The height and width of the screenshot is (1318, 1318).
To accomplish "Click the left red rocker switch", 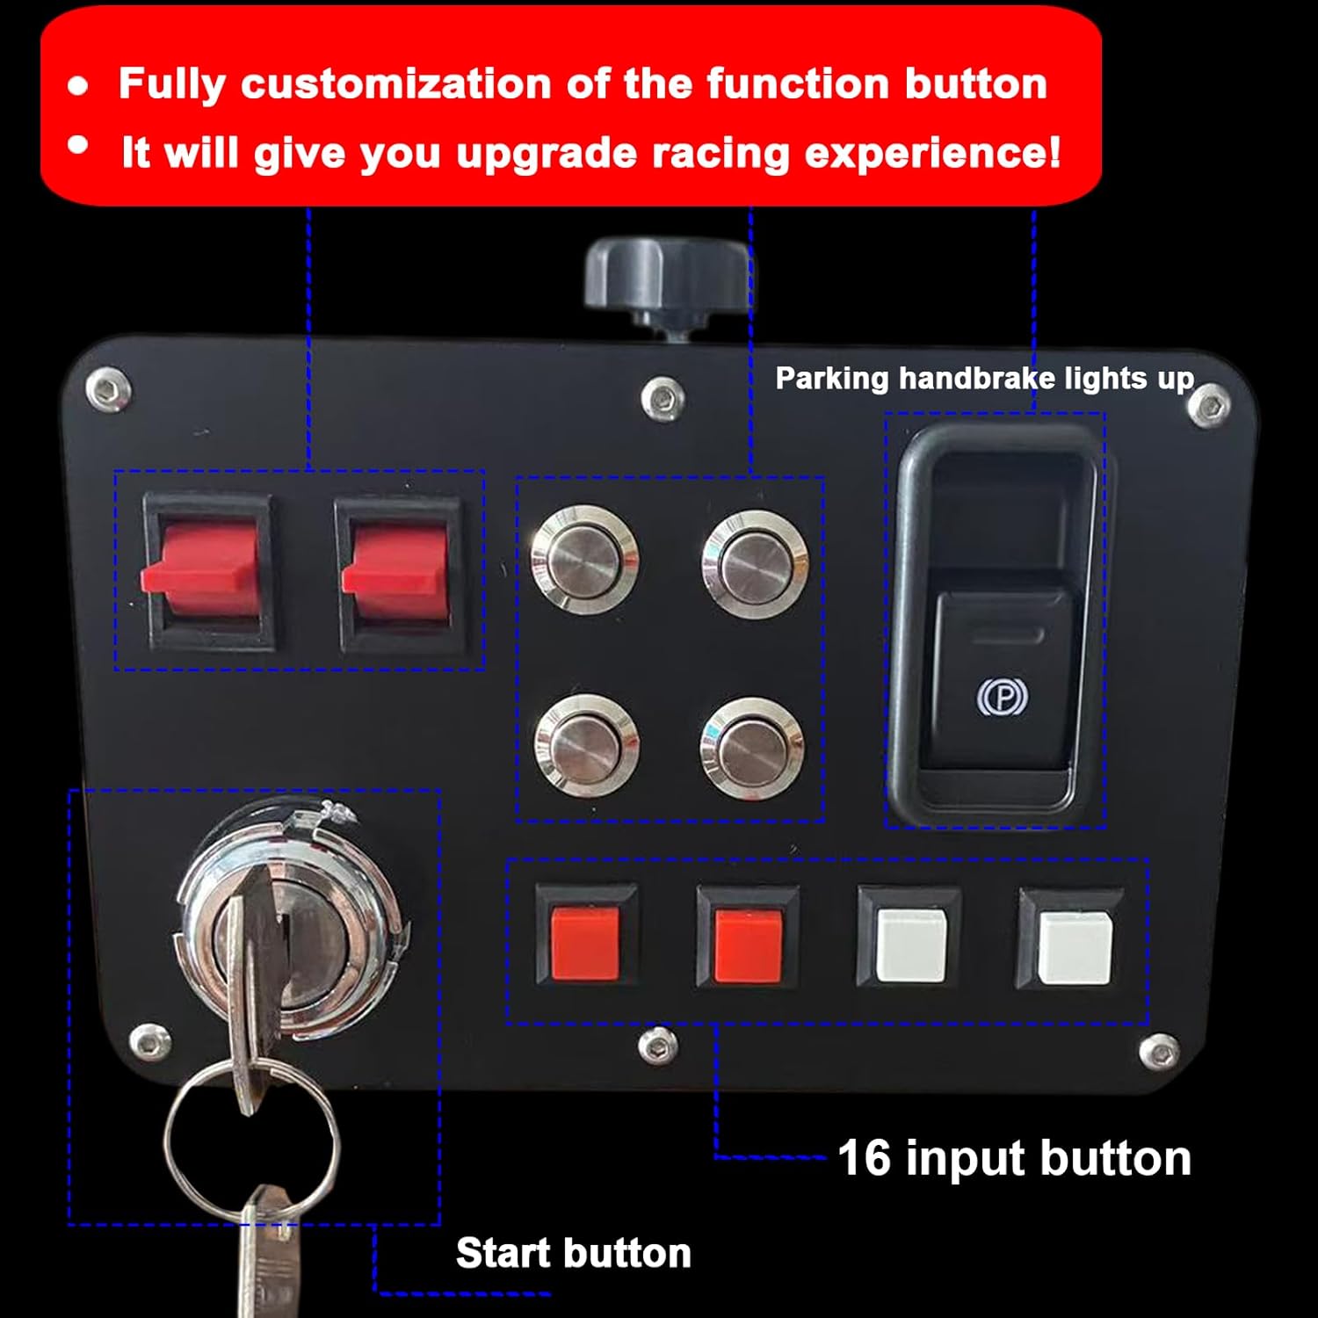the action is pyautogui.click(x=207, y=571).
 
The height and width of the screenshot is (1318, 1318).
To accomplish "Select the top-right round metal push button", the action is pyautogui.click(x=754, y=562).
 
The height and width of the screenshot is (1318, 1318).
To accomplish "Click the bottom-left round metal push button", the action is pyautogui.click(x=586, y=746).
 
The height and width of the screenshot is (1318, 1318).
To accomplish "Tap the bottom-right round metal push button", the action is pyautogui.click(x=752, y=748).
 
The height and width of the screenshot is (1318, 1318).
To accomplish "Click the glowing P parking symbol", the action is pyautogui.click(x=1003, y=697).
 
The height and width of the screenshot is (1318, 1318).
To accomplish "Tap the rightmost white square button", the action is pyautogui.click(x=1073, y=947).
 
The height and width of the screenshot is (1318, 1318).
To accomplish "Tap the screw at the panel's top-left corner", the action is pyautogui.click(x=108, y=388).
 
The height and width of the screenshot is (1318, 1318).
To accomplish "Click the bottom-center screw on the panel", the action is pyautogui.click(x=658, y=1045).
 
